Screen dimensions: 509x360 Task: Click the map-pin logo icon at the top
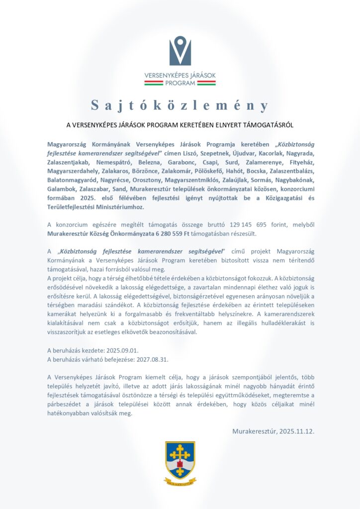click(180, 51)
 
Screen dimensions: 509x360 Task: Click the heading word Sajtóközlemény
click(180, 105)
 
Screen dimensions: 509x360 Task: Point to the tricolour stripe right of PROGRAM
click(206, 84)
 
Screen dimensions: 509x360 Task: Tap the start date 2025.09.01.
click(118, 350)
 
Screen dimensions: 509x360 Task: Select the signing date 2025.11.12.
click(295, 430)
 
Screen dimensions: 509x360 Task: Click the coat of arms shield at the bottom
click(180, 459)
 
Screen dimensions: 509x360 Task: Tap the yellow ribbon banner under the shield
click(180, 481)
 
